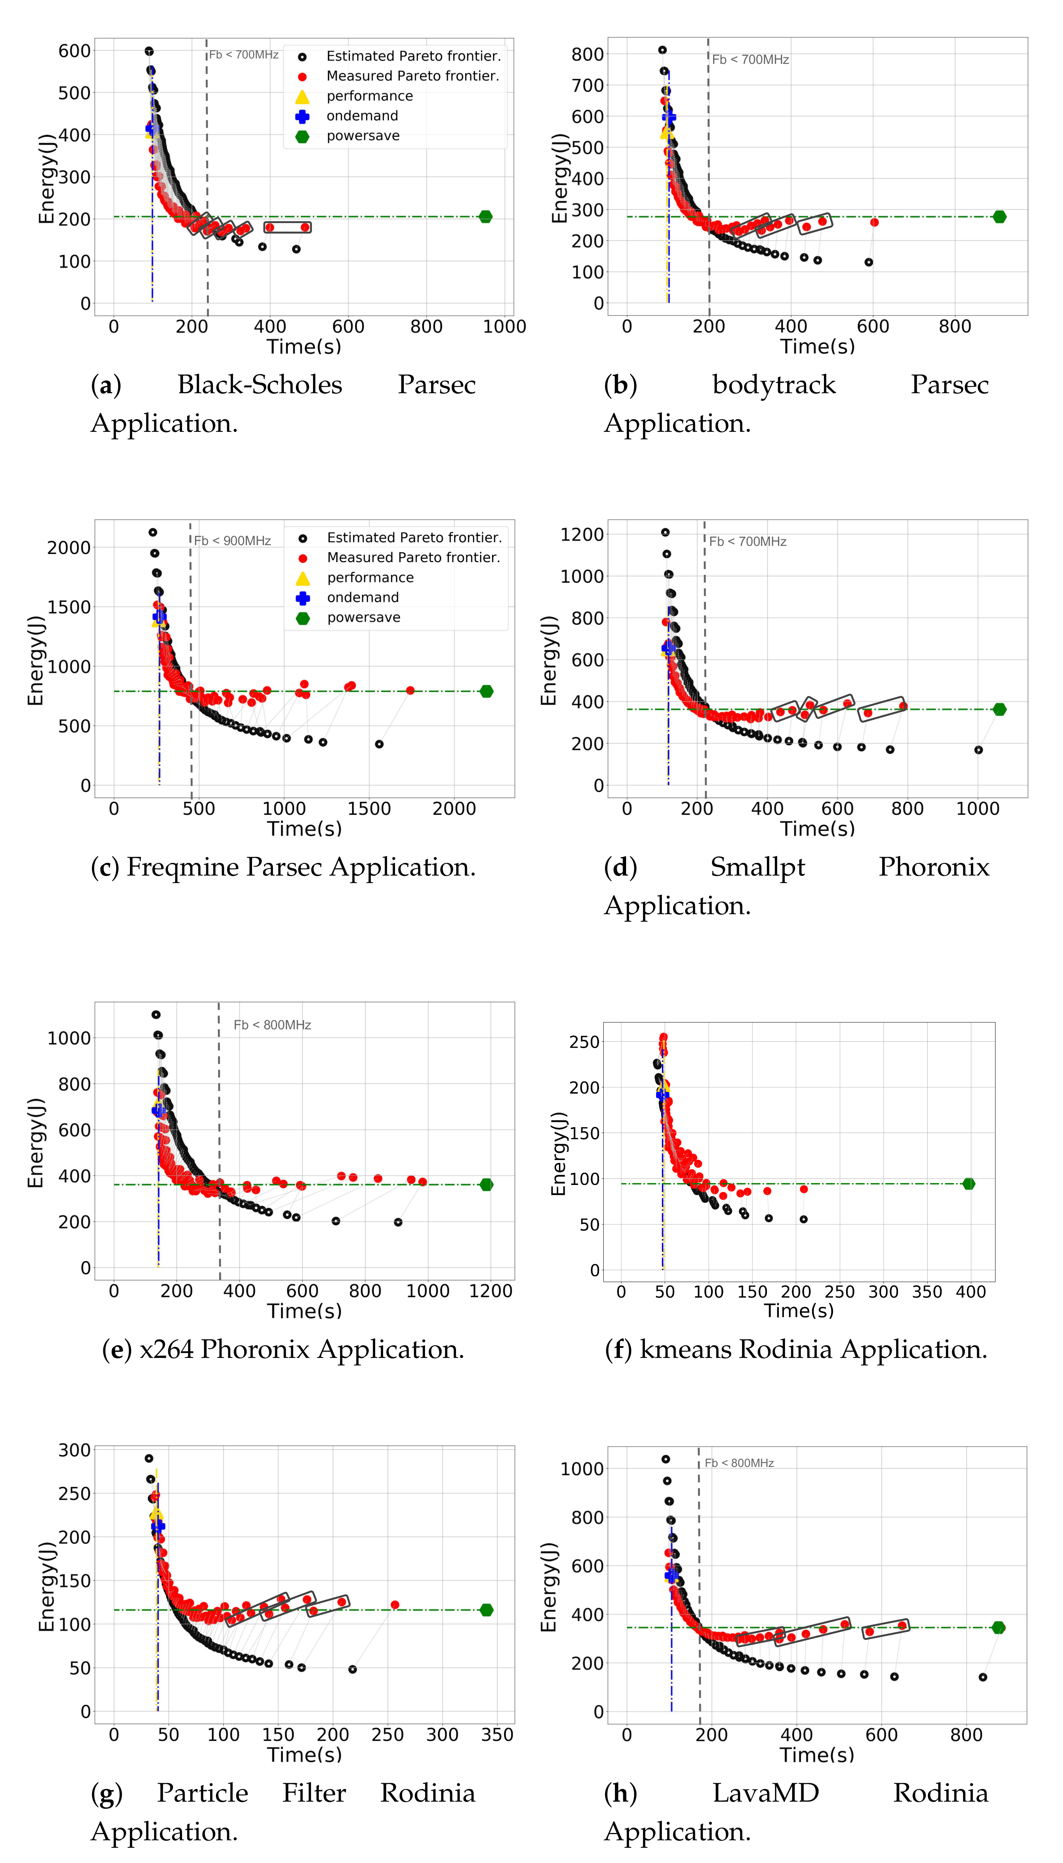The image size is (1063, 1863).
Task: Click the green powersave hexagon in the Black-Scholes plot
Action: [x=486, y=217]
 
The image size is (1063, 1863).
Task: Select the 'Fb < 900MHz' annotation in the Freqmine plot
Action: [x=232, y=541]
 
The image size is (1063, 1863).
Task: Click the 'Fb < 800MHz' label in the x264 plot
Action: [x=272, y=1025]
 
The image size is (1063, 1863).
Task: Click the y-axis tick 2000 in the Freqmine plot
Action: [x=69, y=547]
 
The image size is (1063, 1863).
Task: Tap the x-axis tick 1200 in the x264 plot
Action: [x=491, y=1291]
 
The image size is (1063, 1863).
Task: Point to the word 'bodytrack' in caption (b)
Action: [x=774, y=385]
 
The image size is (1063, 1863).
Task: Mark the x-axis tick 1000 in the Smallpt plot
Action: [x=977, y=809]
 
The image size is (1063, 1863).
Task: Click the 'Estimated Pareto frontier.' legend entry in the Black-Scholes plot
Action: [x=413, y=56]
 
